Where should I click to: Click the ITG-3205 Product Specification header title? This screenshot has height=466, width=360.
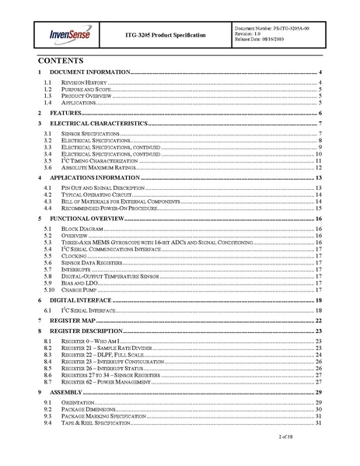(x=165, y=36)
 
